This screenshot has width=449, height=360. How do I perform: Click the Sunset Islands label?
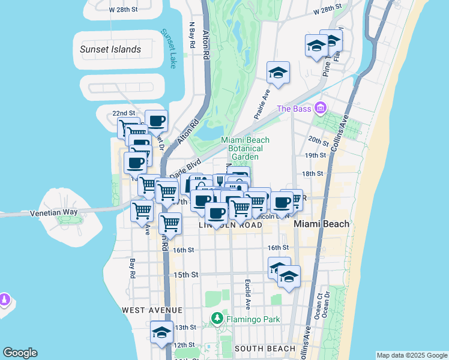(110, 49)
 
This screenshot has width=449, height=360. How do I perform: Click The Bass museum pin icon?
(321, 108)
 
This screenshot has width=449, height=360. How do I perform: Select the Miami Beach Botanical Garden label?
(246, 148)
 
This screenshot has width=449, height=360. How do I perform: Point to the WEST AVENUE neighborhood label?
(152, 310)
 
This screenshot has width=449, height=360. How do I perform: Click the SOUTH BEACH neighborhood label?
(265, 348)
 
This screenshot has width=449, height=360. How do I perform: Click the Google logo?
(20, 353)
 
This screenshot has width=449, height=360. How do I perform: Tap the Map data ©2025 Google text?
(411, 355)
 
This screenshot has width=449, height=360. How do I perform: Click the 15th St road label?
(186, 275)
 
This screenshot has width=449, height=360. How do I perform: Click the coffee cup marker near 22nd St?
(156, 121)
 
